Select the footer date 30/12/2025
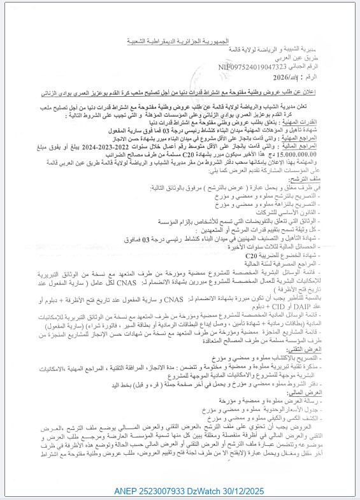(280, 492)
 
